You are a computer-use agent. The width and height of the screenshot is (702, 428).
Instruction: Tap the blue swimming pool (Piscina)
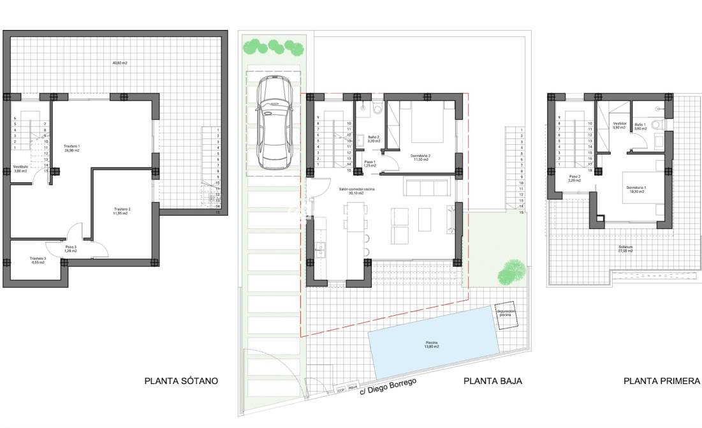tap(432, 344)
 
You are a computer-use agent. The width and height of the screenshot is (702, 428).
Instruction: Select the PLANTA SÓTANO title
tap(182, 381)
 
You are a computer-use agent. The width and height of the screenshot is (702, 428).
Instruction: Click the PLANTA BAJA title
tap(493, 381)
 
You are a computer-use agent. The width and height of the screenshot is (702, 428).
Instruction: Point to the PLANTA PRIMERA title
tap(662, 381)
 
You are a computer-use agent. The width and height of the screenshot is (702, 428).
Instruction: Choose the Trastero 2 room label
tap(122, 211)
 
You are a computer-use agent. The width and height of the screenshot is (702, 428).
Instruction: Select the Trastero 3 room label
tap(37, 260)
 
